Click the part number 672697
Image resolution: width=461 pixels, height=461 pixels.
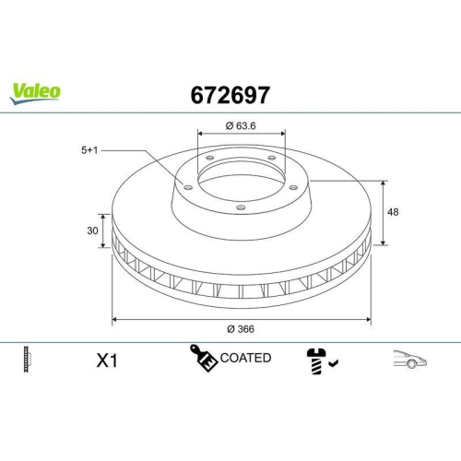(x=230, y=94)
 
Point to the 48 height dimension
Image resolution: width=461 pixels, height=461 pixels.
(x=394, y=212)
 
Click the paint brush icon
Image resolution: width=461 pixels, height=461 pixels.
(x=203, y=359)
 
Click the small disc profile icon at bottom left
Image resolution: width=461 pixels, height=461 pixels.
(x=29, y=360)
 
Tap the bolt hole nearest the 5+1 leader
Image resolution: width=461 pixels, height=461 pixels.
(x=187, y=189)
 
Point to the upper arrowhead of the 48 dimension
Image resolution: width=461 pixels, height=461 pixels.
(x=383, y=182)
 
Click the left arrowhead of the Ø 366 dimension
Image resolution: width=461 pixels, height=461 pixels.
(x=114, y=319)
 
